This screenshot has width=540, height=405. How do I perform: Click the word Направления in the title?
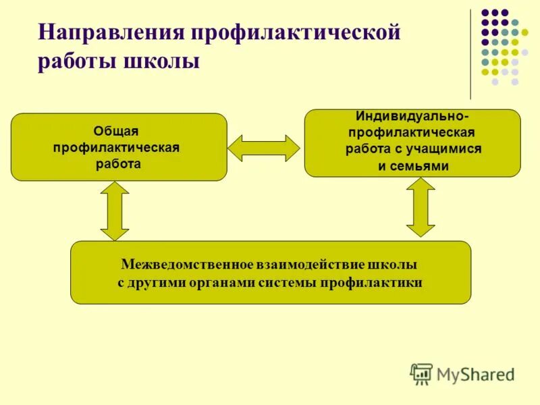pyautogui.click(x=111, y=32)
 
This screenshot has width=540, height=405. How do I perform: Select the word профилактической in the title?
pyautogui.click(x=296, y=32)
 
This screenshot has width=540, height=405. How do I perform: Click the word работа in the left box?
pyautogui.click(x=118, y=164)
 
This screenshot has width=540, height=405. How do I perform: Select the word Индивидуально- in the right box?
pyautogui.click(x=412, y=117)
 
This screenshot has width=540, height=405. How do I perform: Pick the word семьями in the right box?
pyautogui.click(x=423, y=166)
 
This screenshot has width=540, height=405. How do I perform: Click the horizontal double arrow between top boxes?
pyautogui.click(x=263, y=148)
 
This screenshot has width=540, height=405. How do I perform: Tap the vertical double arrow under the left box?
pyautogui.click(x=115, y=211)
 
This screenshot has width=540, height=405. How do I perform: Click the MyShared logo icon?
pyautogui.click(x=421, y=373)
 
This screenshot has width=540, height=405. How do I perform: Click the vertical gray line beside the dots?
pyautogui.click(x=470, y=54)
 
